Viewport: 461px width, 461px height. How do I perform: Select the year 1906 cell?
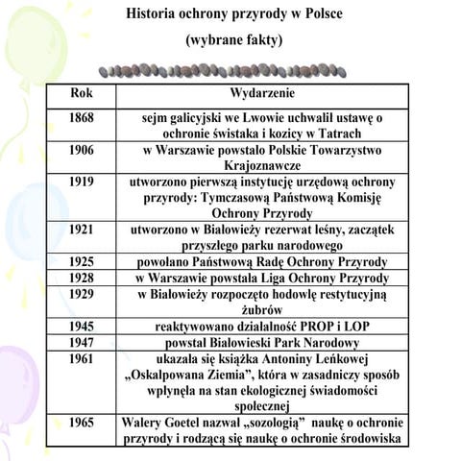82,151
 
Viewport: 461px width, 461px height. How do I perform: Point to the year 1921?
82,230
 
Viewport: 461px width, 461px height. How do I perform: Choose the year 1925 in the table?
82,262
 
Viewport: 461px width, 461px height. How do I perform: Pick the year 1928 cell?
82,279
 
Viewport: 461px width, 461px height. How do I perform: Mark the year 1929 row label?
82,294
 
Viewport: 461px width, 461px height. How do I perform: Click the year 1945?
82,327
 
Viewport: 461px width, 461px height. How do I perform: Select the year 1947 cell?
82,343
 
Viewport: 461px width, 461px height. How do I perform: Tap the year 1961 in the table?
82,359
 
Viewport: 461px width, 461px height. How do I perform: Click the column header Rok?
83,95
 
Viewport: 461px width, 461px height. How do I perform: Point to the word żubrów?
262,310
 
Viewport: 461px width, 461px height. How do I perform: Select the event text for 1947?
262,343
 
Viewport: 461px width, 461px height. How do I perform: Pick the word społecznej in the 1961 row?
262,407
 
